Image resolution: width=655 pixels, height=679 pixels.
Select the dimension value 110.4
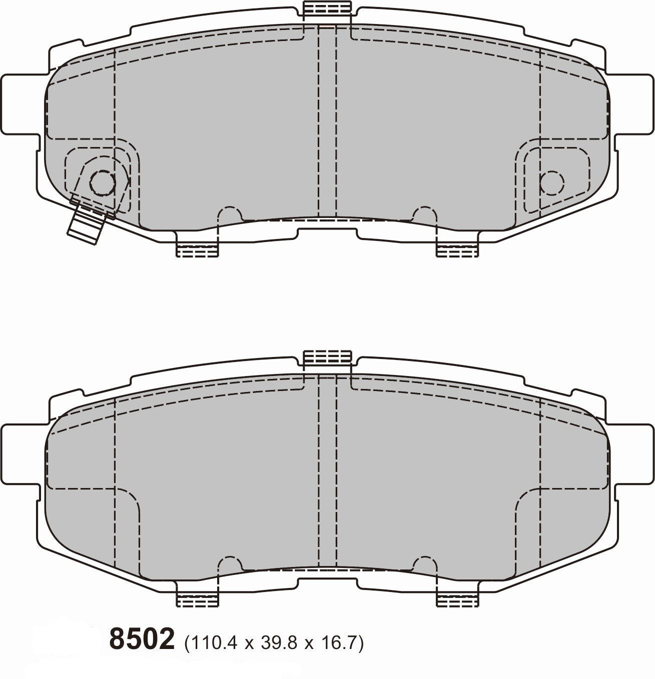click(x=214, y=641)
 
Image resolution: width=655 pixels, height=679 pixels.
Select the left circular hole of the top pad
click(x=102, y=183)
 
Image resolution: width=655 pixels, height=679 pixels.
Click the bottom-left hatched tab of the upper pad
click(x=198, y=247)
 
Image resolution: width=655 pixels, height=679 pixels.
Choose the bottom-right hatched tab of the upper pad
click(x=457, y=247)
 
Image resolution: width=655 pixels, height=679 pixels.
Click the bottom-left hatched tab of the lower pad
click(x=198, y=597)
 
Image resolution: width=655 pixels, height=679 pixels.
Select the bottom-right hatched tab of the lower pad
click(x=457, y=597)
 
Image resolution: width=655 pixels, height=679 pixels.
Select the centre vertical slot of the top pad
click(x=327, y=120)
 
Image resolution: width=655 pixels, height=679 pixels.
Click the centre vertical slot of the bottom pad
click(x=327, y=470)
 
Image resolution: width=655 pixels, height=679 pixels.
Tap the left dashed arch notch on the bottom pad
click(x=230, y=563)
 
